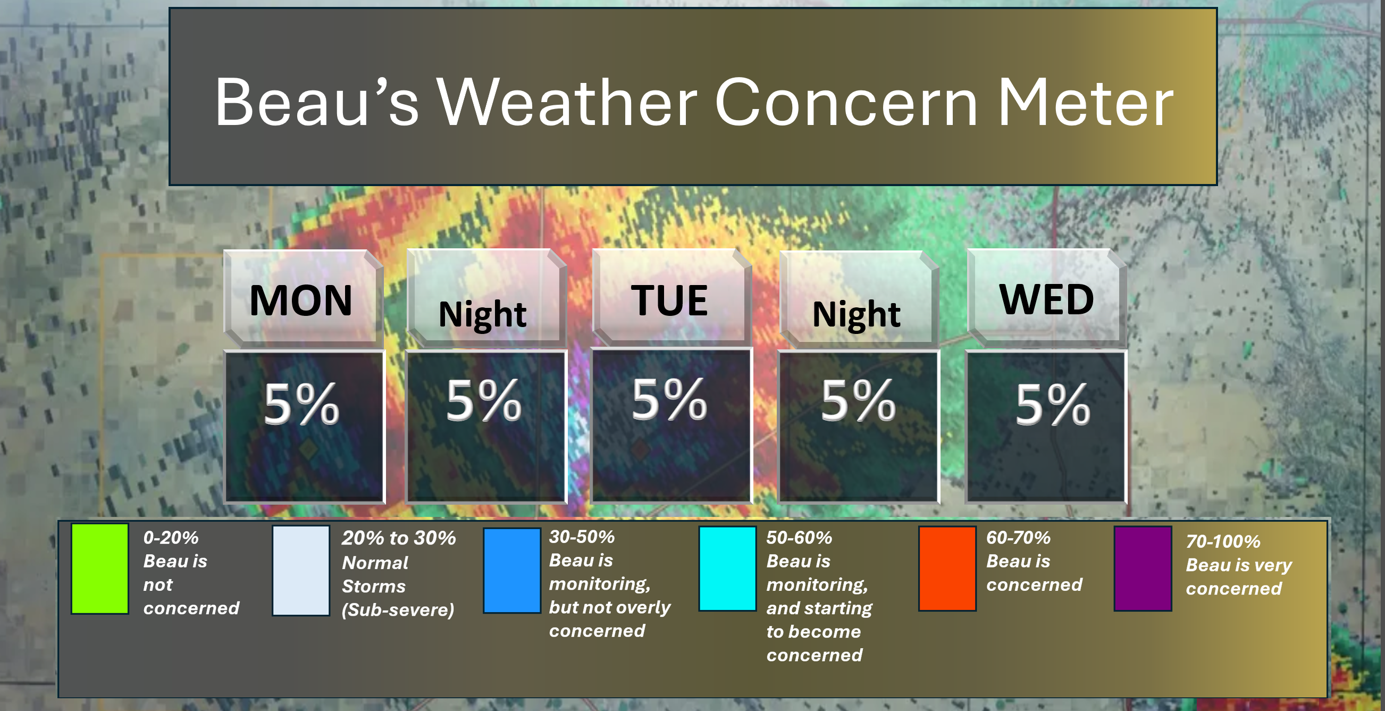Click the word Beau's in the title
click(x=317, y=102)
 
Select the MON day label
click(x=301, y=300)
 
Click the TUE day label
click(x=669, y=300)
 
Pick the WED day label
click(x=1046, y=299)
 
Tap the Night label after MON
click(x=482, y=314)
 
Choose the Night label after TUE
click(x=856, y=314)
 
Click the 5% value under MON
click(x=301, y=404)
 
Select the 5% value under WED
click(x=1053, y=404)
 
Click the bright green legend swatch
click(x=100, y=569)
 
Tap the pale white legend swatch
click(x=301, y=571)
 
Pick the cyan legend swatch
click(x=727, y=569)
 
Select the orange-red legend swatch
click(x=947, y=569)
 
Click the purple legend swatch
click(x=1143, y=569)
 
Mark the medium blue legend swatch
click(x=512, y=571)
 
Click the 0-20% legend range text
click(x=171, y=538)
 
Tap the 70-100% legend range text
click(x=1223, y=541)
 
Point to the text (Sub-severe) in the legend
click(x=398, y=610)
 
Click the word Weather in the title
click(x=566, y=102)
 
